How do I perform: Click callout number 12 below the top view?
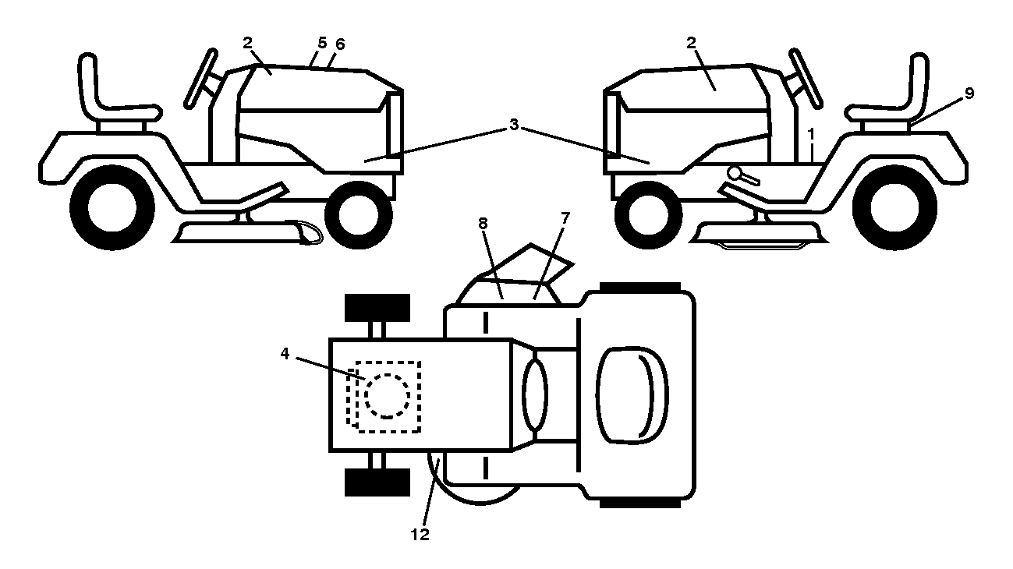(x=420, y=535)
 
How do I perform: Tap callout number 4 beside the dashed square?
(x=285, y=353)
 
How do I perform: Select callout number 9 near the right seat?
(x=969, y=93)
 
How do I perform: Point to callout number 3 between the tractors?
(x=514, y=124)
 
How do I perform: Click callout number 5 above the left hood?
(x=322, y=43)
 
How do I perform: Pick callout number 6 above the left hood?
(x=340, y=44)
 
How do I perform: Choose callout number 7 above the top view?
(x=565, y=218)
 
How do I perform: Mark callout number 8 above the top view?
(x=483, y=223)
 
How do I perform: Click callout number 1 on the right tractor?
(x=811, y=134)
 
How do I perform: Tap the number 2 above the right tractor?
(x=691, y=43)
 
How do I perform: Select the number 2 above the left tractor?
(x=247, y=43)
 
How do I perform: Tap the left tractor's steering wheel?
(x=200, y=79)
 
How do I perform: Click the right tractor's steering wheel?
(x=806, y=79)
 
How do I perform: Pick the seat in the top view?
(x=632, y=394)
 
